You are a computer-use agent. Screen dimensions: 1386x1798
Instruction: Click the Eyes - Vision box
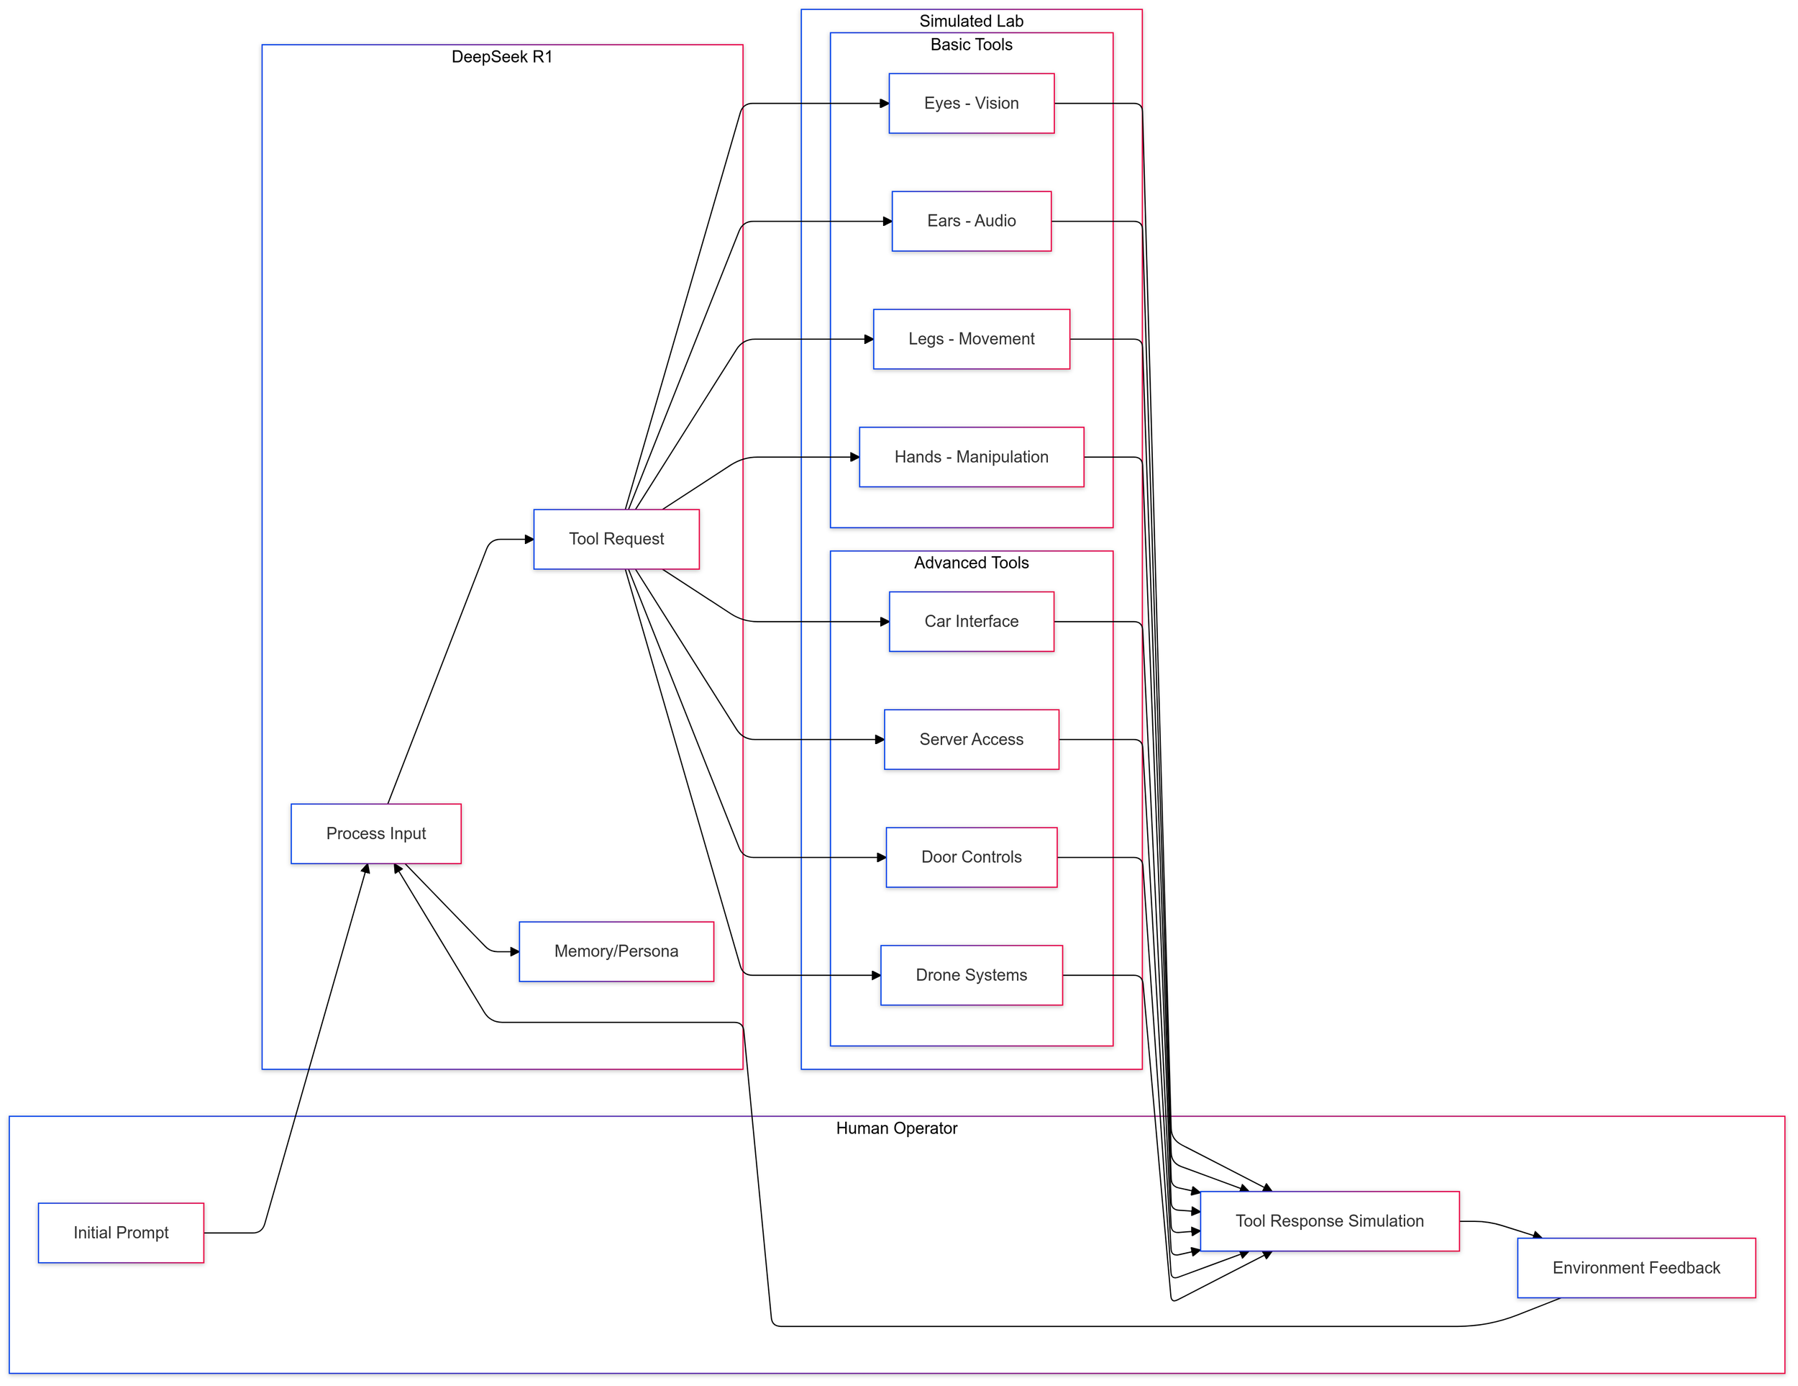pos(972,104)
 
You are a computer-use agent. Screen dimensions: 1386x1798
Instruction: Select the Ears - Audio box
pos(972,222)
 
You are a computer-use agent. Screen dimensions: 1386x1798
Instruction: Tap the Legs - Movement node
pos(972,339)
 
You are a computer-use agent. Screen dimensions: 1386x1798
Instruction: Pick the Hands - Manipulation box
pos(972,457)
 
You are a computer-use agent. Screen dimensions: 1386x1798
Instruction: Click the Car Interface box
pos(972,622)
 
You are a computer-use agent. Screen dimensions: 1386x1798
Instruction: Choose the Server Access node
pos(972,740)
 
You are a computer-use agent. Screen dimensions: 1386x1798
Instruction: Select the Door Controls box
pos(972,857)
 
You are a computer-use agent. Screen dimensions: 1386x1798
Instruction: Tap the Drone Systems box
pos(972,975)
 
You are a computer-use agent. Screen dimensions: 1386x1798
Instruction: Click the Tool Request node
pos(616,540)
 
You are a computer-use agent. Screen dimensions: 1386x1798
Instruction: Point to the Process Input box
pos(376,833)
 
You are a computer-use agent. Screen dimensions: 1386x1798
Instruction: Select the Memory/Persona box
pos(616,951)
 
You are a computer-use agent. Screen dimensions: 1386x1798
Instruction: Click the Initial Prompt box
pos(121,1233)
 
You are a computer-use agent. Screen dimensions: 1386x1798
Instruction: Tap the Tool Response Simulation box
pos(1330,1221)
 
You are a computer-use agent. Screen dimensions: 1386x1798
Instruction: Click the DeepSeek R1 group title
pos(502,57)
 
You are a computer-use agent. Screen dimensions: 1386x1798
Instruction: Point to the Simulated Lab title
pos(972,22)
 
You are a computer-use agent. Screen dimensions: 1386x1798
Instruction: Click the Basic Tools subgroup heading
pos(972,45)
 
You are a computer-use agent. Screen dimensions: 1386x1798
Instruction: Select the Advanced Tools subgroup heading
pos(972,563)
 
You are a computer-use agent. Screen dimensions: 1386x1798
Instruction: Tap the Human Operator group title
pos(897,1128)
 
